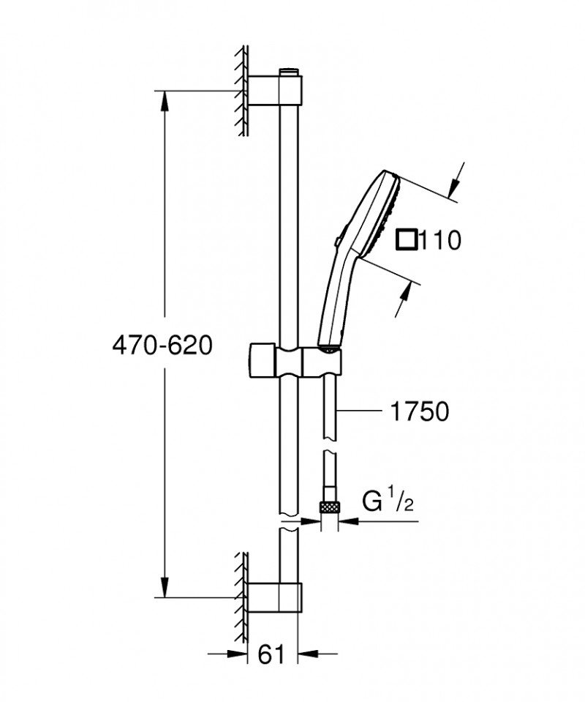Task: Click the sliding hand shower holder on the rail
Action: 292,359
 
